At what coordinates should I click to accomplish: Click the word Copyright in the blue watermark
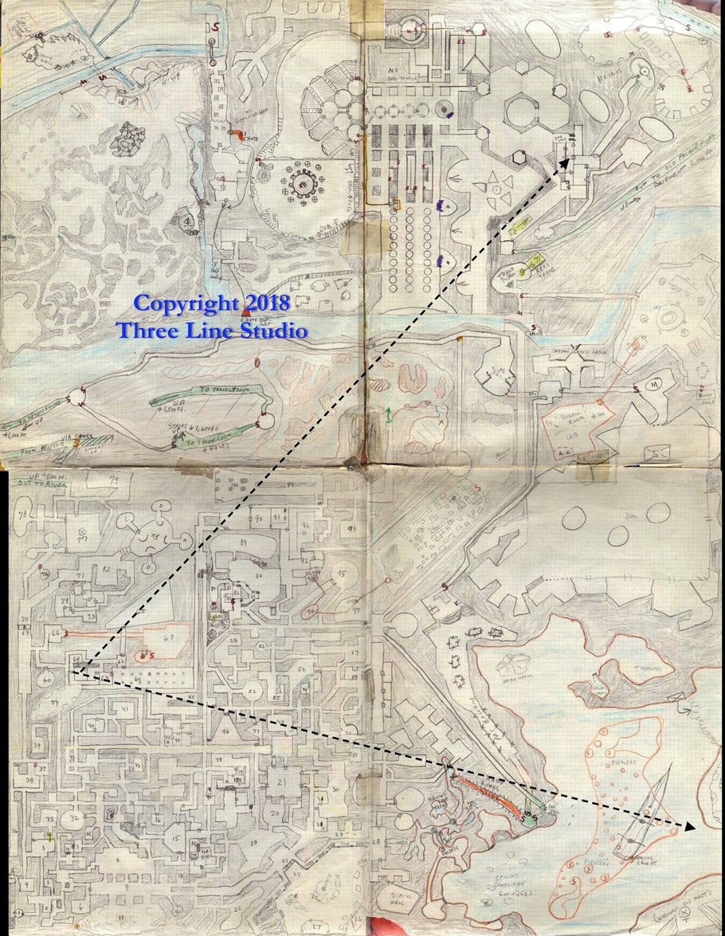[x=186, y=304]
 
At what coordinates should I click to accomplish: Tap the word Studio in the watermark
[x=268, y=330]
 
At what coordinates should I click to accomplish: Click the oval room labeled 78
[x=22, y=514]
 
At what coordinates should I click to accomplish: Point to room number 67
[x=168, y=637]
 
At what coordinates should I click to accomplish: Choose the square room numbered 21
[x=280, y=783]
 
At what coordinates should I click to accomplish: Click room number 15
[x=174, y=840]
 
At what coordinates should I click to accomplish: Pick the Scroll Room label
[x=572, y=419]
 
